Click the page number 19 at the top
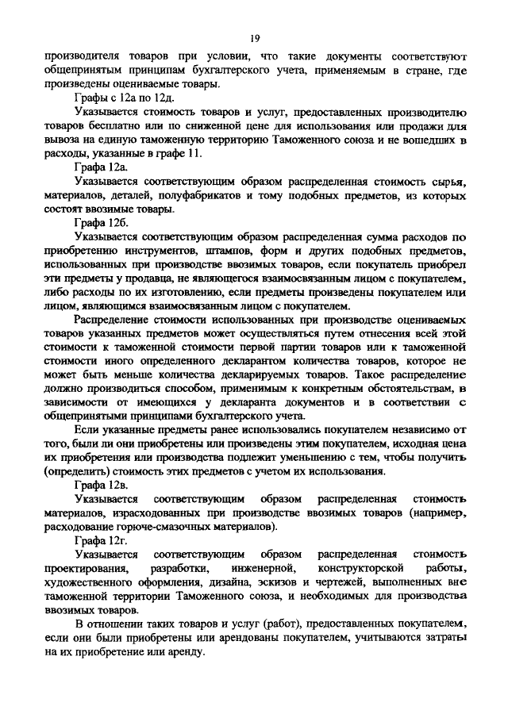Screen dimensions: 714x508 coord(254,36)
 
